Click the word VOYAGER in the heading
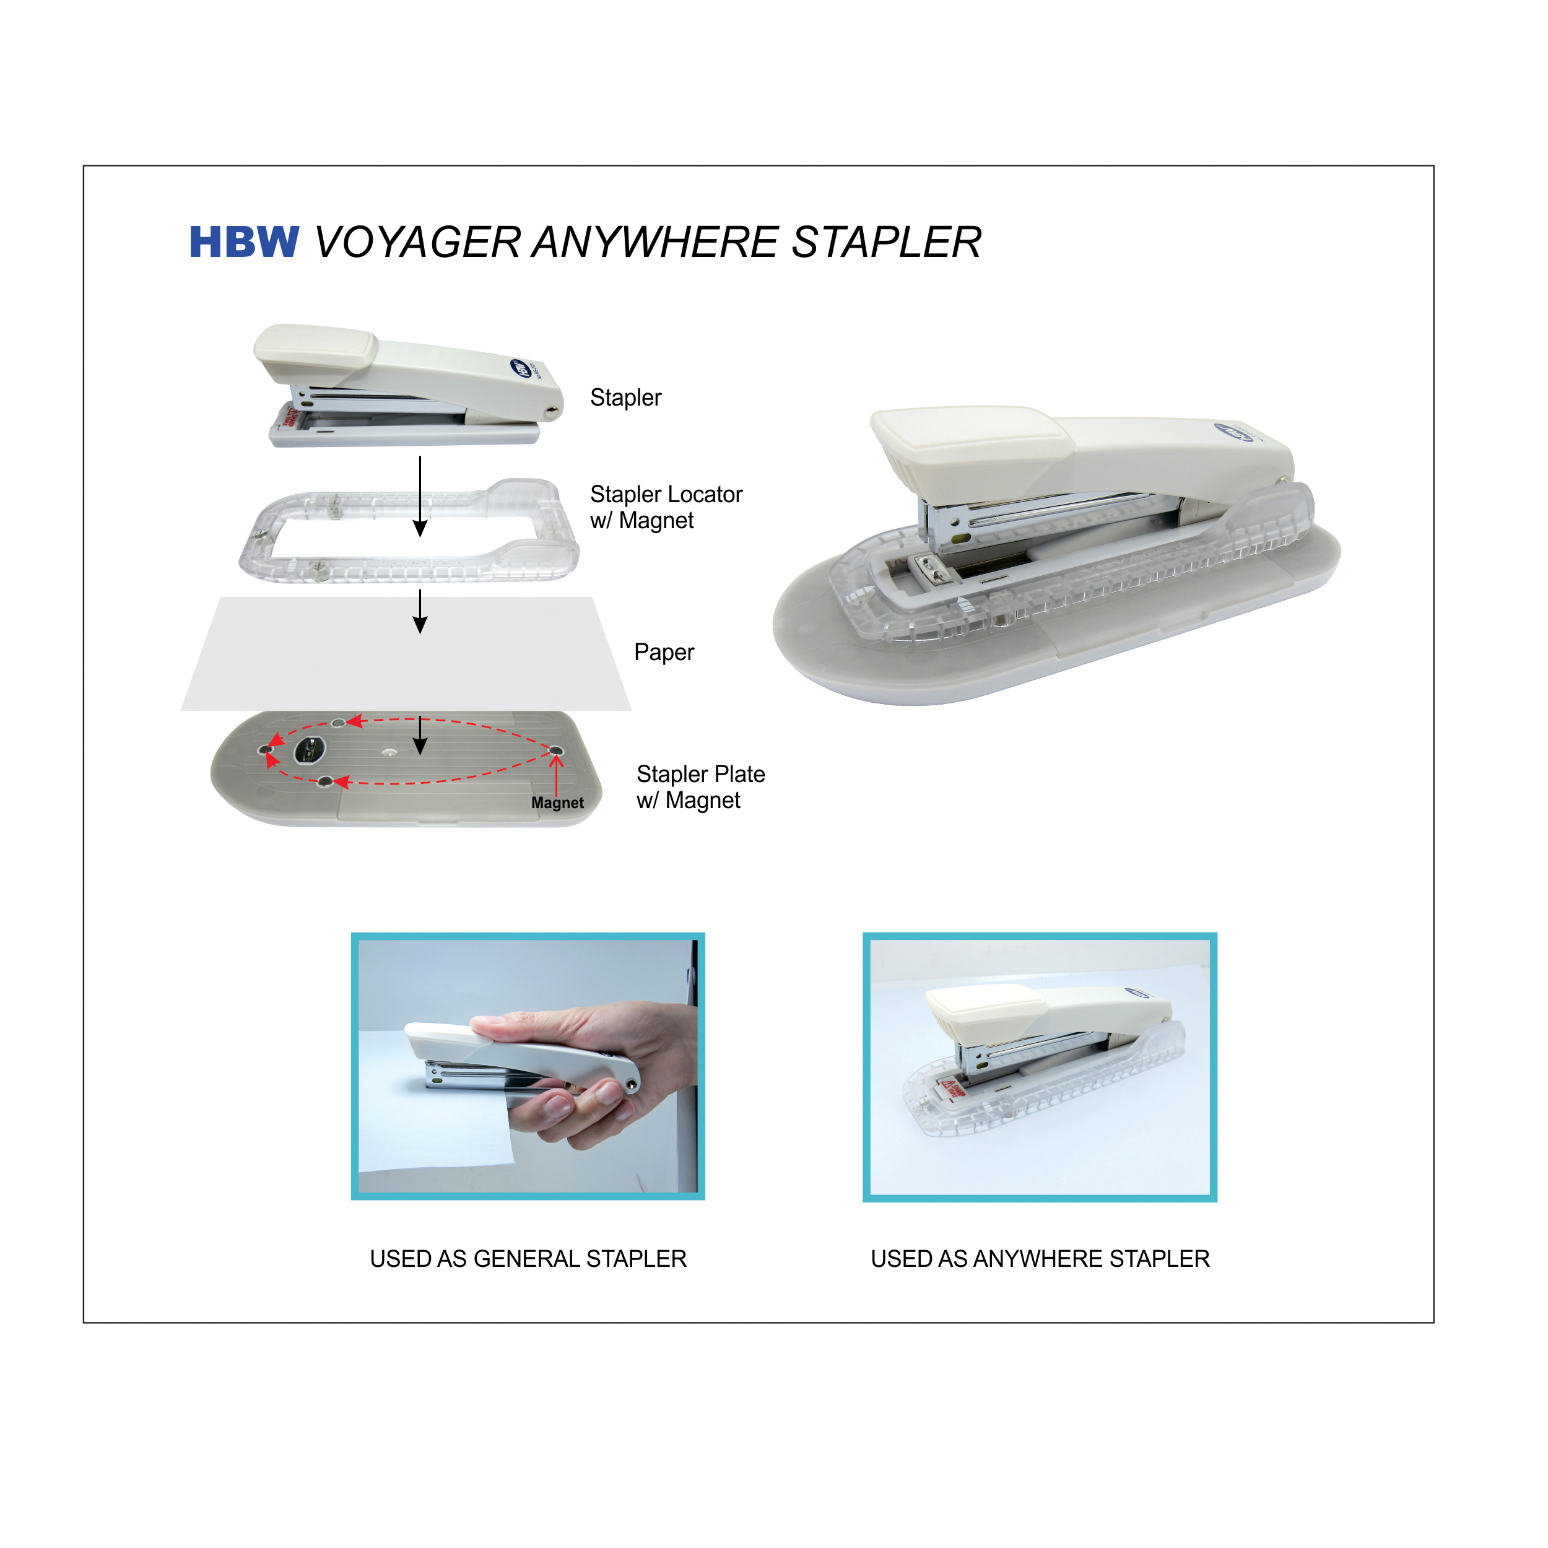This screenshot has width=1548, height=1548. [417, 243]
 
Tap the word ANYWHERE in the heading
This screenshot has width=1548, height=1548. [654, 243]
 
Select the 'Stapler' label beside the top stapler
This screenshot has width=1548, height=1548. [626, 398]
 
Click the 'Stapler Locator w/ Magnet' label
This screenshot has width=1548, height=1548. [666, 507]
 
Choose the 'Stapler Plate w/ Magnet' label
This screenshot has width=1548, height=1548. [700, 787]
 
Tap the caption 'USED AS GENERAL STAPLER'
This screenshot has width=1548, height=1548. [528, 1259]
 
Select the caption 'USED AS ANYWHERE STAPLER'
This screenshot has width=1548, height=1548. [1040, 1259]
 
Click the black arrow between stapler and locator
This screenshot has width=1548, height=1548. [420, 497]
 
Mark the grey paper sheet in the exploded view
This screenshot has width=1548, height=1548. [406, 654]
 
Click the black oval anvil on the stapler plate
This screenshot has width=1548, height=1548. [309, 750]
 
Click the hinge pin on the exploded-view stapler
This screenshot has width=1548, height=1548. [551, 412]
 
